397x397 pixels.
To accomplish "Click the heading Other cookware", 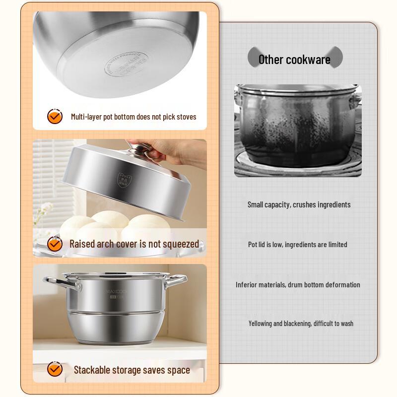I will click(x=294, y=60).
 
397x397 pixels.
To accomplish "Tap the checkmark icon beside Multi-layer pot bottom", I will click(x=55, y=117).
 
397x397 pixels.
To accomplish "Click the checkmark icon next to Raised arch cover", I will click(x=55, y=244).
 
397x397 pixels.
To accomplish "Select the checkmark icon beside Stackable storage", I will click(x=55, y=369).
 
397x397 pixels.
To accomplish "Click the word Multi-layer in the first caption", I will click(x=86, y=117).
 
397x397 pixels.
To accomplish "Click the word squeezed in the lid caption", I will click(x=178, y=244).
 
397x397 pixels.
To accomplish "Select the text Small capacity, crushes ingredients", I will click(x=299, y=204).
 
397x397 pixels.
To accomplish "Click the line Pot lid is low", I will click(x=297, y=244).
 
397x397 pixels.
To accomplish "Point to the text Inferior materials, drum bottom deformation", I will click(x=298, y=284).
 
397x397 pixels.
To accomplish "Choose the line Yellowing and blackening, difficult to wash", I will click(x=301, y=323).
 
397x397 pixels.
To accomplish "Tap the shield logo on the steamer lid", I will click(x=121, y=179).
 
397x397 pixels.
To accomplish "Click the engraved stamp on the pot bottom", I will click(x=126, y=66).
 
